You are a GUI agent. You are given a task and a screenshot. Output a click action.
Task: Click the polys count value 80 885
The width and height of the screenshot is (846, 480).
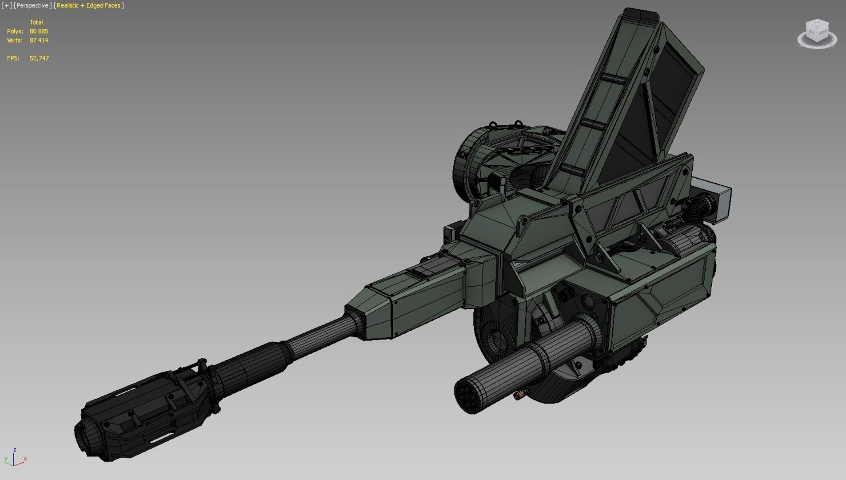(x=39, y=31)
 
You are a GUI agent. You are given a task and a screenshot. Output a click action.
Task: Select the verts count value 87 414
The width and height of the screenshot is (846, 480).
(x=39, y=40)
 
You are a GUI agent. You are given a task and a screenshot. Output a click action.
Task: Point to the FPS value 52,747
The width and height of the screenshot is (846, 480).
(x=39, y=58)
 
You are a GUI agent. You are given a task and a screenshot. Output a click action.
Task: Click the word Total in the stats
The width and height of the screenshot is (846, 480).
(x=36, y=22)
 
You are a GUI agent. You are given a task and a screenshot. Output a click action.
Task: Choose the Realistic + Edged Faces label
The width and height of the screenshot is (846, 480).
(x=88, y=5)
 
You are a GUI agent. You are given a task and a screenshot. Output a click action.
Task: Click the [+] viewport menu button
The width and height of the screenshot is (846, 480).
(x=7, y=5)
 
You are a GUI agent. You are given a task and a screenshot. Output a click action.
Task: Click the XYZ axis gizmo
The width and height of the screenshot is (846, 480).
(x=14, y=458)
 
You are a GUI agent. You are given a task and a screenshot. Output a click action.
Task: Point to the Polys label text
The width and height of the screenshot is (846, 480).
(x=15, y=31)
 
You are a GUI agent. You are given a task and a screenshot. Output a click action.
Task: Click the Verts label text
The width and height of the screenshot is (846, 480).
(x=15, y=40)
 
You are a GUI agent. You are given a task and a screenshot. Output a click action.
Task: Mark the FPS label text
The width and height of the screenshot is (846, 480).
(x=13, y=58)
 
